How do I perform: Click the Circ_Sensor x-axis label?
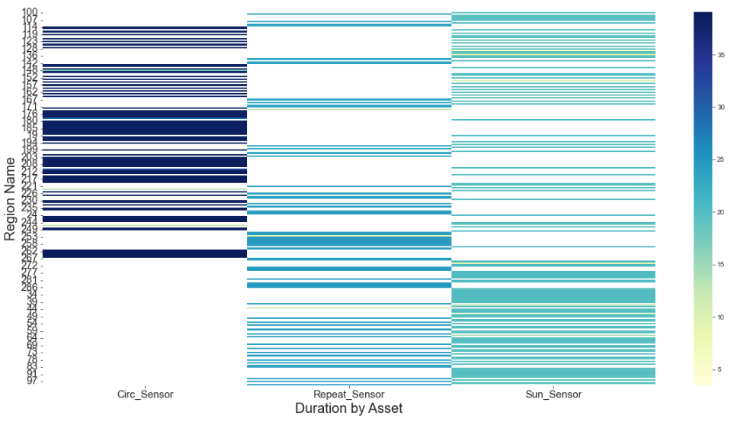coord(145,395)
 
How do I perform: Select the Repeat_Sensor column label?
coord(349,395)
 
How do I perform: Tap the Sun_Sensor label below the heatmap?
coord(553,395)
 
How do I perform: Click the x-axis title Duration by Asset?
coord(348,409)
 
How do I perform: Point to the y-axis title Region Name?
coord(10,198)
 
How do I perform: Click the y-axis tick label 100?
coord(29,12)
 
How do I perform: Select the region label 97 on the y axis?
coord(31,381)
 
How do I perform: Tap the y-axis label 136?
coord(29,56)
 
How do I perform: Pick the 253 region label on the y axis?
coord(29,235)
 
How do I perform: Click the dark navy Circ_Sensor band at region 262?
coord(145,254)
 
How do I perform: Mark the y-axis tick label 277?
coord(29,272)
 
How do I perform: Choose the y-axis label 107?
coord(29,20)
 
